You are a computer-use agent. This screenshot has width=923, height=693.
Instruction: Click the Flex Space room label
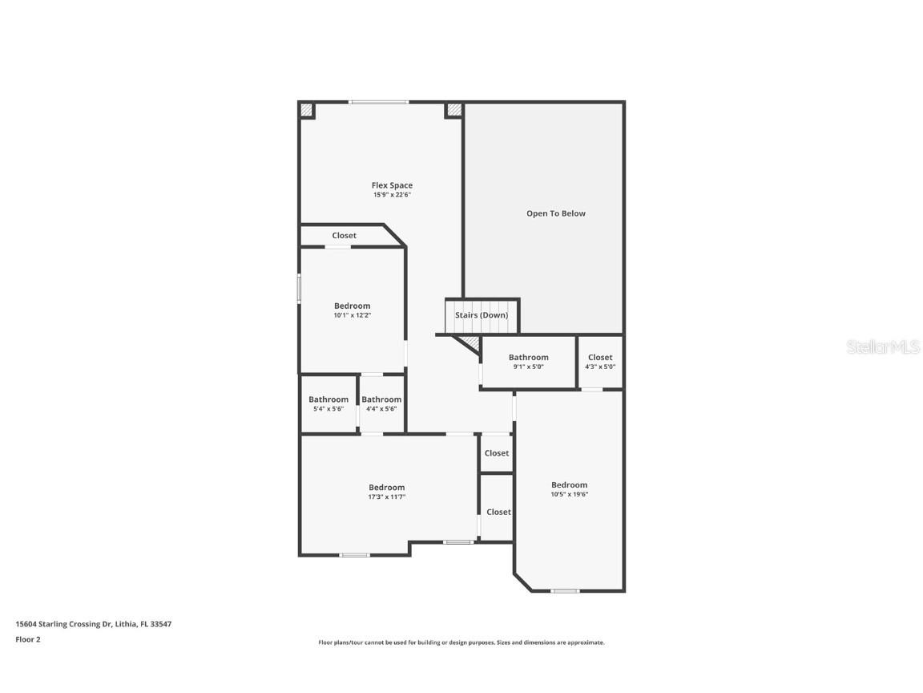392,185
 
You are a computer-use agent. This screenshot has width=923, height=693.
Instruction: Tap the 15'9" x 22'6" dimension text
392,195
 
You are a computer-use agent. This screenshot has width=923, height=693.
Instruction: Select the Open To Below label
555,213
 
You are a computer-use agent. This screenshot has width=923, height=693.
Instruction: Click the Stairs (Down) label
482,315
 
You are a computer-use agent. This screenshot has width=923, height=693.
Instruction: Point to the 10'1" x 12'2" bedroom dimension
352,316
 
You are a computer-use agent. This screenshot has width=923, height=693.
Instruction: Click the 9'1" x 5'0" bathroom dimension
528,367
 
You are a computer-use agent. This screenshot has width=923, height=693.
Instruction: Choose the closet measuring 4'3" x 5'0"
600,363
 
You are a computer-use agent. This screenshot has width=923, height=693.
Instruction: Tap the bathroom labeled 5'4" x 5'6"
328,403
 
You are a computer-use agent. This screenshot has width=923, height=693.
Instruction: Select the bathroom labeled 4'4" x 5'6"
381,403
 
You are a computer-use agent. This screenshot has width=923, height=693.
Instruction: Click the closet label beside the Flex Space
345,236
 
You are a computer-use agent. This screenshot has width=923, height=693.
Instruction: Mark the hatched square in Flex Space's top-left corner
307,110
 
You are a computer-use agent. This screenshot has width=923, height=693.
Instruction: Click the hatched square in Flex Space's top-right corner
454,110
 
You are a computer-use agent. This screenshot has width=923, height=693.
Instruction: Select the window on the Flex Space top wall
378,102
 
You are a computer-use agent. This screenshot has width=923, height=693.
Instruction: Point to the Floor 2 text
27,639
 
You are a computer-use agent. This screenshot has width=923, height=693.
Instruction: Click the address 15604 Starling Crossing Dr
94,624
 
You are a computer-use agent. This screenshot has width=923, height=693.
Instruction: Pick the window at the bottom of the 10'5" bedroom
565,591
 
